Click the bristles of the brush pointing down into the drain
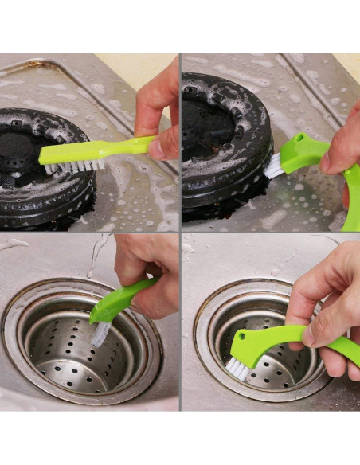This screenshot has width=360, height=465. tap(100, 332)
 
